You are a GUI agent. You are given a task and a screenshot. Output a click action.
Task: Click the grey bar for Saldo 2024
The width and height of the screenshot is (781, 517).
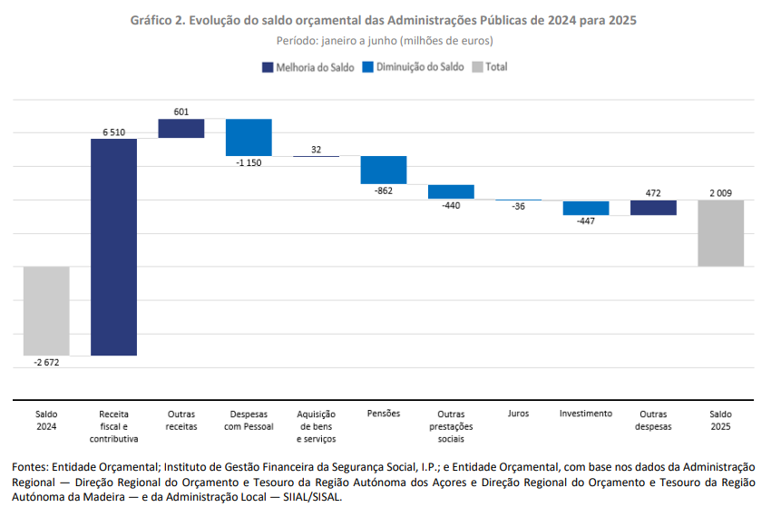click(x=46, y=310)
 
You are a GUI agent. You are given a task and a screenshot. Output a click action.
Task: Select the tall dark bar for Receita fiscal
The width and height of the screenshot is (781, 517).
click(x=113, y=247)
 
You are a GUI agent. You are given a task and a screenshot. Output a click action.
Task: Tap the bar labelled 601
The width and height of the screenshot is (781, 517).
click(x=181, y=128)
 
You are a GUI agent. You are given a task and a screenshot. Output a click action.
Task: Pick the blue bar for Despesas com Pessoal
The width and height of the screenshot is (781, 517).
click(x=249, y=137)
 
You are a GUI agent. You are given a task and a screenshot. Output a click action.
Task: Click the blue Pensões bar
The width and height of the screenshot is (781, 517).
click(x=384, y=170)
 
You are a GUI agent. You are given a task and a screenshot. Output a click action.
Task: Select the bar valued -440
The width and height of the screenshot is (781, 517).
click(x=451, y=191)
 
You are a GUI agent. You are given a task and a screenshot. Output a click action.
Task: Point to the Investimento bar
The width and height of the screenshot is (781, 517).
click(x=586, y=208)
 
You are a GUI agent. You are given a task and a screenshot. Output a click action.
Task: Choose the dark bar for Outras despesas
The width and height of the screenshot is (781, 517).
click(x=653, y=208)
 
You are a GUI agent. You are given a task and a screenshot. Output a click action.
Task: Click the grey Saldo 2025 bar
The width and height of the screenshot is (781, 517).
click(x=721, y=233)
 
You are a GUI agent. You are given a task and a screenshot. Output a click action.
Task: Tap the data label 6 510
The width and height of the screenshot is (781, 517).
click(x=113, y=132)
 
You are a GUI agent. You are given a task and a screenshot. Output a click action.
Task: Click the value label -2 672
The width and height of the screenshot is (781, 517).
click(x=46, y=363)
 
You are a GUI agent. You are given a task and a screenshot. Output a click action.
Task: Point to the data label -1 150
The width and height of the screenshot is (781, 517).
click(x=249, y=162)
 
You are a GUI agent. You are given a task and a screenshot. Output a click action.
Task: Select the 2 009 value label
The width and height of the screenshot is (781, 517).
click(x=721, y=193)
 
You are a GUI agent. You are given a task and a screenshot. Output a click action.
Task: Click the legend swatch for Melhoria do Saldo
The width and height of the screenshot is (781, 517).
click(x=268, y=67)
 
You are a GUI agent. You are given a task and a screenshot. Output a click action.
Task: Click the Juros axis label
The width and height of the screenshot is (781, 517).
click(x=519, y=414)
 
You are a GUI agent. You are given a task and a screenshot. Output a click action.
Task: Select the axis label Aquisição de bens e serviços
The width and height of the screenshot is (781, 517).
click(x=317, y=426)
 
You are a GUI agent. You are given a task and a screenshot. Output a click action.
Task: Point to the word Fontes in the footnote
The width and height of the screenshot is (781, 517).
click(x=30, y=466)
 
